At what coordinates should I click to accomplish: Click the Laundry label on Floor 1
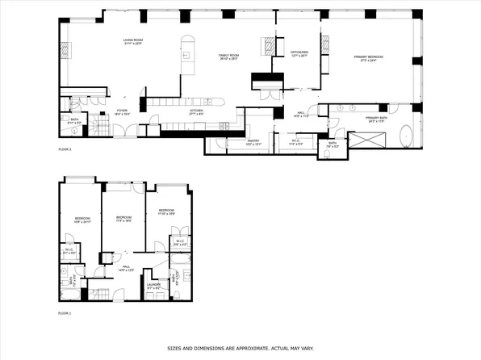pyautogui.click(x=155, y=284)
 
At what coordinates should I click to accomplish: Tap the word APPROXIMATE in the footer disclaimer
pyautogui.click(x=249, y=349)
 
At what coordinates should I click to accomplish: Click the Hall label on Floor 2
pyautogui.click(x=299, y=114)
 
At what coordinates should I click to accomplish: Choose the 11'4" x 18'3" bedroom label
pyautogui.click(x=123, y=218)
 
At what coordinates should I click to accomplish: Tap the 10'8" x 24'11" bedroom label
pyautogui.click(x=82, y=220)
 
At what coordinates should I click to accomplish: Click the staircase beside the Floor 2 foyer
pyautogui.click(x=99, y=125)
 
